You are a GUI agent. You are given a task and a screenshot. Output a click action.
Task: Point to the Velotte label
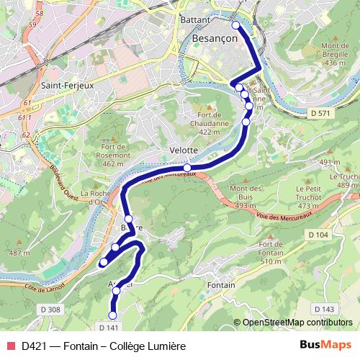tap(183, 150)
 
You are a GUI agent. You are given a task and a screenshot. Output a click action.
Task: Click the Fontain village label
tap(221, 286)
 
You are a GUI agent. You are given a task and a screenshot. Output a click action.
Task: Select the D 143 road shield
tap(325, 309)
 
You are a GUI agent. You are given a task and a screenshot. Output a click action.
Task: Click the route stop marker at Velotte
tap(187, 168)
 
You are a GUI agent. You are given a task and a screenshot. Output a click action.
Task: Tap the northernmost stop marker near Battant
tap(235, 25)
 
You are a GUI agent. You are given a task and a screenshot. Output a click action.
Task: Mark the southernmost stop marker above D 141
tap(112, 315)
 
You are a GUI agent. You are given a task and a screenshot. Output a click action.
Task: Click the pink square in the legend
tap(10, 346)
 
